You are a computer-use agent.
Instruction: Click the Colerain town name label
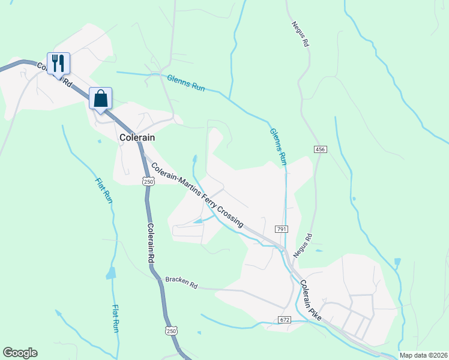[137, 137]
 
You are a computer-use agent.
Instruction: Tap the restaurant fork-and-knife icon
[58, 63]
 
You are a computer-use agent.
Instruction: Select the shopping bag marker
[100, 98]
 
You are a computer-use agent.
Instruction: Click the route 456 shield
[319, 149]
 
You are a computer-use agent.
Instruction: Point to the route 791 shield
[282, 229]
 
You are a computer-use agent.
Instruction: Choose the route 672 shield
[285, 320]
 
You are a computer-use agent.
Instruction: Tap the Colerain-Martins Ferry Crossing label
[197, 195]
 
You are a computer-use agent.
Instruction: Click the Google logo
[20, 353]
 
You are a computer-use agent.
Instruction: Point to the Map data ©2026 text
[423, 355]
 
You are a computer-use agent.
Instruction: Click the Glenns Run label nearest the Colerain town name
[186, 83]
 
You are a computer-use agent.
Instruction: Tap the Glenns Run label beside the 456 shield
[279, 146]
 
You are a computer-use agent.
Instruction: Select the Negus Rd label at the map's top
[300, 34]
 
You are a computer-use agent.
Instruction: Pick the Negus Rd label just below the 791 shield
[303, 246]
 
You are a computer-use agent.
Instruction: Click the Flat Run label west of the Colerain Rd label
[104, 190]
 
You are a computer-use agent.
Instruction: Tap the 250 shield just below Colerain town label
[148, 181]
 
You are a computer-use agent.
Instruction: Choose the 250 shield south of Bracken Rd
[172, 331]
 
